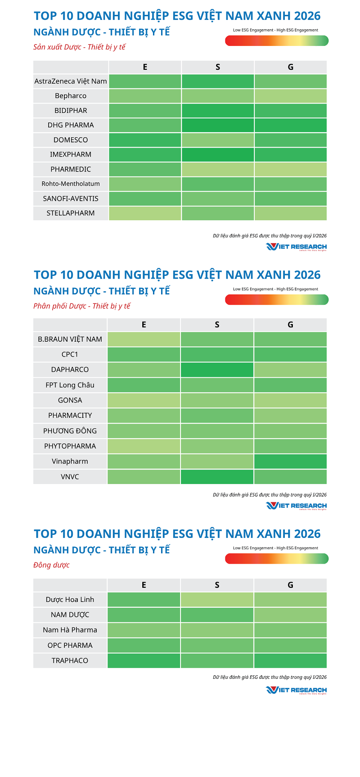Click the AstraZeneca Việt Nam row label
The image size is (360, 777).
click(x=71, y=81)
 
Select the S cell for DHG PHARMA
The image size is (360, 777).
click(x=218, y=125)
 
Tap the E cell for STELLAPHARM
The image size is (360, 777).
click(x=145, y=213)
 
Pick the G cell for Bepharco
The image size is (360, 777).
click(x=290, y=96)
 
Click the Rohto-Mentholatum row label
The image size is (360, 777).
click(x=71, y=184)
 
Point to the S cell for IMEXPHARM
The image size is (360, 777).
click(x=218, y=154)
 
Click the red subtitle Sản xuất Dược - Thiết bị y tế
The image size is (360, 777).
click(x=79, y=47)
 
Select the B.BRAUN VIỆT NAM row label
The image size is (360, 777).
click(x=70, y=339)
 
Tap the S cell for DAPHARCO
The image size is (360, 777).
click(x=217, y=370)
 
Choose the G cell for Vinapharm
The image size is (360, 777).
click(x=290, y=461)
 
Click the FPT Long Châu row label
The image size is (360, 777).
click(x=70, y=385)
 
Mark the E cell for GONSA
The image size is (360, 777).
click(x=144, y=400)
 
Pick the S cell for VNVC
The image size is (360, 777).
click(x=217, y=477)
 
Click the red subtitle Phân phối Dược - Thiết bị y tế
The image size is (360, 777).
click(x=81, y=306)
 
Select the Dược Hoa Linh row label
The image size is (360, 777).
click(x=70, y=600)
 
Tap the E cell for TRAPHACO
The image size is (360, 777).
click(x=144, y=661)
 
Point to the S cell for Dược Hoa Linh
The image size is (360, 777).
click(x=217, y=600)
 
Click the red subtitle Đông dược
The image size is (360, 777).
click(x=51, y=565)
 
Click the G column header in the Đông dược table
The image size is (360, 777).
click(x=290, y=585)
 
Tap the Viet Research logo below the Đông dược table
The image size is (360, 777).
click(x=296, y=690)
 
